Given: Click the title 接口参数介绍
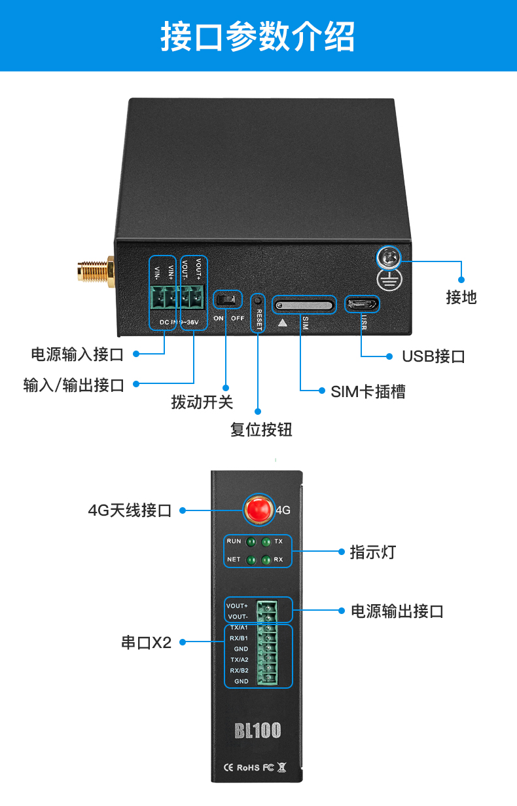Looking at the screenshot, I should [x=258, y=36].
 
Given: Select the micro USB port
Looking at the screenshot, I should [x=362, y=304].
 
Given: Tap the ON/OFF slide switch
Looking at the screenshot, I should [x=227, y=300].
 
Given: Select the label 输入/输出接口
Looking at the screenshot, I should [x=73, y=385].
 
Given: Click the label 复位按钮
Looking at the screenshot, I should [x=261, y=430].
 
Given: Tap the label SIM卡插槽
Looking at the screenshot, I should [x=368, y=392].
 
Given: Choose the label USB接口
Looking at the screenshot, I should [x=433, y=356].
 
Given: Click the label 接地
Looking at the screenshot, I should [x=461, y=297].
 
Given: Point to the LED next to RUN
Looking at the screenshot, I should [x=251, y=543].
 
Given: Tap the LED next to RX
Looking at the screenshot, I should [x=266, y=560].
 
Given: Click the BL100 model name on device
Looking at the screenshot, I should [x=258, y=731].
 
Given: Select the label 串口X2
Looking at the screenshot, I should [x=146, y=643].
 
